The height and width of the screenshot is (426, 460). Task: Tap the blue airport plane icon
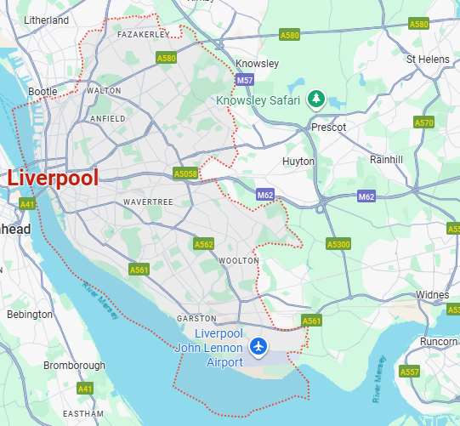pos(259,347)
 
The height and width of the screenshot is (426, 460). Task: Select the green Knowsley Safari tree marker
pos(315,99)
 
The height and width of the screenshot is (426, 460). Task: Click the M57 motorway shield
pos(244,81)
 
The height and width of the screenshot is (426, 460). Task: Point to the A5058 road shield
pos(185,173)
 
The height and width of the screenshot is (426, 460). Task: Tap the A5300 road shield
pos(338,244)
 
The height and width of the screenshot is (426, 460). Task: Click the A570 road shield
pos(424,122)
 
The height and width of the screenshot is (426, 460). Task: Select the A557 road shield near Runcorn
pos(409,372)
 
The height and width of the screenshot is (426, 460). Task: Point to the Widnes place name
pos(432,295)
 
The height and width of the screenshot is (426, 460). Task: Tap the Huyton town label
pos(298,161)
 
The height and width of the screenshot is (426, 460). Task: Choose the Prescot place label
pos(328,127)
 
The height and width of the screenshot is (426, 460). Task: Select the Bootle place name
pos(43,91)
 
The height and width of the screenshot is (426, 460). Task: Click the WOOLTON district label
pos(233,260)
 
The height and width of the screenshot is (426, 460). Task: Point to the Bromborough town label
pos(74,366)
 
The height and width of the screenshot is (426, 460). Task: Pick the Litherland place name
pos(47,19)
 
